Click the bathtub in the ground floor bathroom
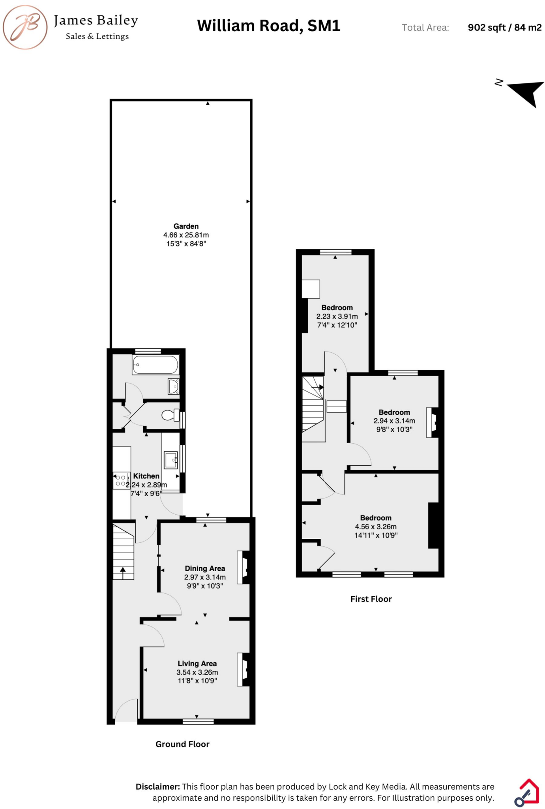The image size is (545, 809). [x=155, y=365]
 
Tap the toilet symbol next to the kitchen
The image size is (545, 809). [x=170, y=415]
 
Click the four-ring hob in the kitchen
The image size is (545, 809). [x=121, y=480]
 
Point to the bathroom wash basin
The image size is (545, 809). [x=174, y=386]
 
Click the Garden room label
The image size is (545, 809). [x=186, y=226]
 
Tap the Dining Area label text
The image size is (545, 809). [x=205, y=568]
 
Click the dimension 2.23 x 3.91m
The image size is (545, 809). [x=337, y=316]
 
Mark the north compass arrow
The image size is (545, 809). [x=527, y=92]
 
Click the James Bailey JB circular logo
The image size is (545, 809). [x=25, y=27]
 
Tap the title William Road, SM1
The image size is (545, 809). [x=268, y=26]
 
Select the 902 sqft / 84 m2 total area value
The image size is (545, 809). [x=504, y=28]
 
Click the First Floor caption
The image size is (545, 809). [x=371, y=599]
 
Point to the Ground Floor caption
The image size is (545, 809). [x=182, y=744]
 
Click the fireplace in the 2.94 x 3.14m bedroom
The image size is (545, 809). [x=433, y=422]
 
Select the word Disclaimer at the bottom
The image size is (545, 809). [x=157, y=786]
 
